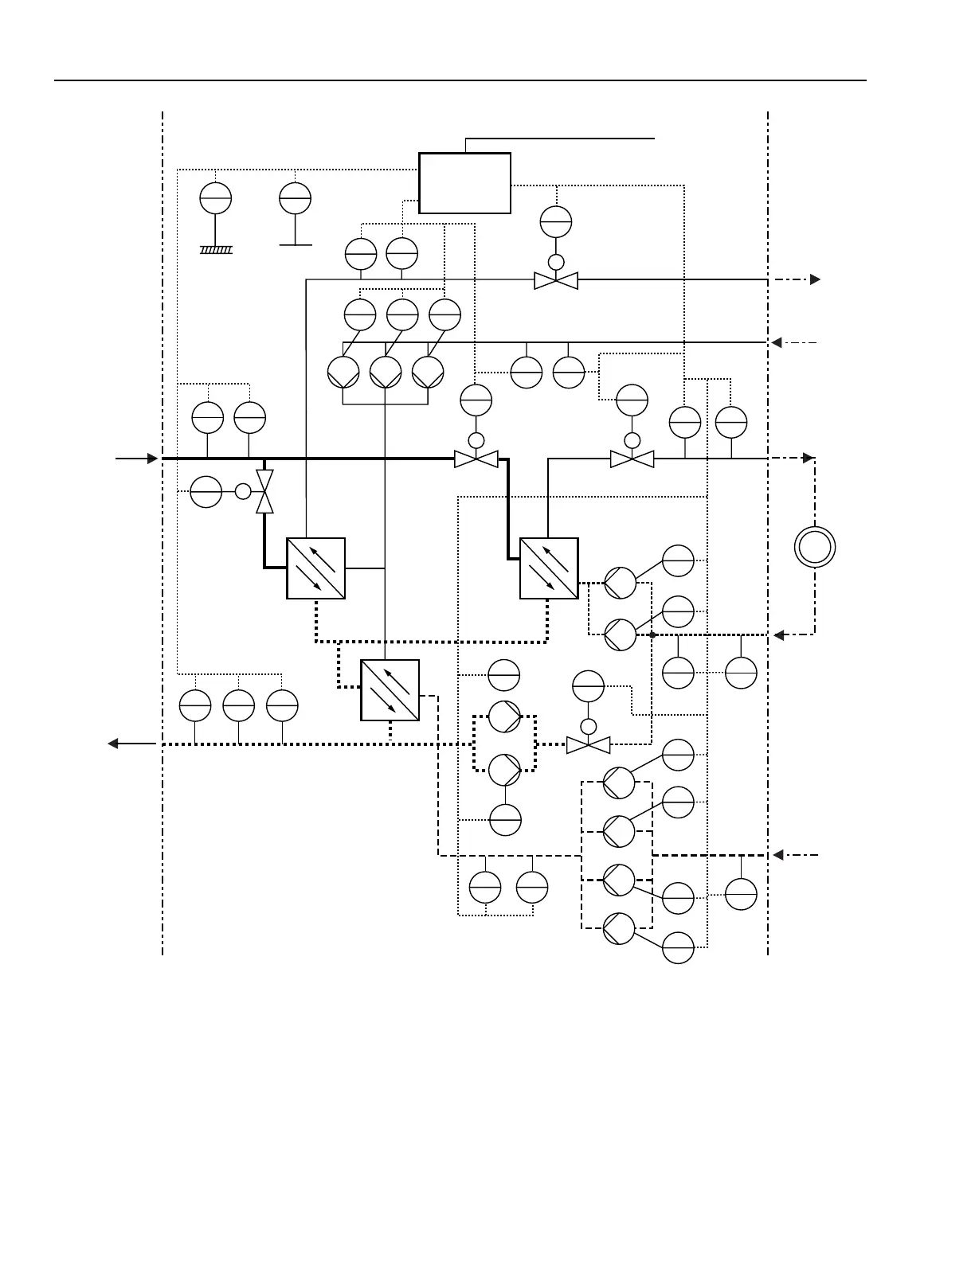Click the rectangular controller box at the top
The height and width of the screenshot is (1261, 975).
[x=464, y=183]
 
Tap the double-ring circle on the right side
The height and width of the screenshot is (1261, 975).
[x=815, y=548]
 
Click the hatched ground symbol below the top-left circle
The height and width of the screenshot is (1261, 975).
[x=216, y=250]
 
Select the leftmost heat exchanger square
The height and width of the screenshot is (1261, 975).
[x=315, y=568]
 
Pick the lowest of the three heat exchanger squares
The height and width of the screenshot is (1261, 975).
[x=390, y=690]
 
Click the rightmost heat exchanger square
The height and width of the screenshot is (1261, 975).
[x=549, y=568]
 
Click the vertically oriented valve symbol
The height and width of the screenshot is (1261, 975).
[x=264, y=491]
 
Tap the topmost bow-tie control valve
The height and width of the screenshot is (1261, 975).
[x=556, y=280]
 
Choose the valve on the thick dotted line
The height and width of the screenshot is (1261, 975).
[x=588, y=745]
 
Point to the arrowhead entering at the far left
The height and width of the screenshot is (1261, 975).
[x=152, y=459]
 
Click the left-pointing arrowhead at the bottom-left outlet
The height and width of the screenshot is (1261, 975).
[x=113, y=744]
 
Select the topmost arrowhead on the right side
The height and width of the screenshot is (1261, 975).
[x=815, y=279]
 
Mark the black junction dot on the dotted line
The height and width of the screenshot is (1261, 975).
[x=652, y=634]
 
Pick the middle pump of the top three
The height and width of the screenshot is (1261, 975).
[x=386, y=372]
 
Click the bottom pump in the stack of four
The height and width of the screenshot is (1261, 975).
[x=619, y=928]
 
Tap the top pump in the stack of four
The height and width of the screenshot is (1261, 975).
[x=619, y=783]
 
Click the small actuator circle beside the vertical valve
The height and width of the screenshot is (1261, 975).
[x=243, y=491]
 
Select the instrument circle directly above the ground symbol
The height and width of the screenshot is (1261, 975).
[x=216, y=198]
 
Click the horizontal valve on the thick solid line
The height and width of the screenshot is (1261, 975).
[x=476, y=459]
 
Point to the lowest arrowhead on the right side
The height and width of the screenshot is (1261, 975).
[x=779, y=855]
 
